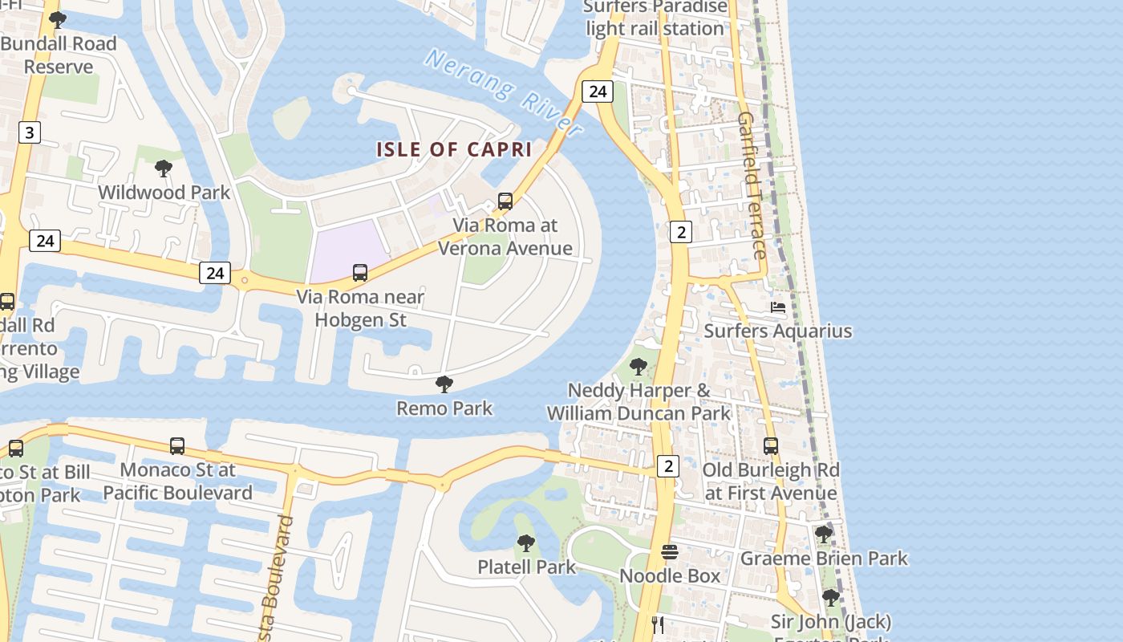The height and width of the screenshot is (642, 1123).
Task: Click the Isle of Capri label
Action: tap(454, 149)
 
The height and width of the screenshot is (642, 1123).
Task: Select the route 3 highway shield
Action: tap(29, 132)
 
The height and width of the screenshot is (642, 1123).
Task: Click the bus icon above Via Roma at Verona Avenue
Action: tap(505, 201)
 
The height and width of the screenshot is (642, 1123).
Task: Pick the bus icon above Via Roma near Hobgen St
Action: tap(360, 273)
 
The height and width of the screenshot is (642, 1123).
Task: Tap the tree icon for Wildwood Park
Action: tap(164, 169)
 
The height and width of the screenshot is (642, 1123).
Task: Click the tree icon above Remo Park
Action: tap(444, 384)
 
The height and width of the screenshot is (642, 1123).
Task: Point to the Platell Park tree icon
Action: tap(526, 543)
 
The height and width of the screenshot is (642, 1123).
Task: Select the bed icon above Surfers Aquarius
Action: tap(778, 307)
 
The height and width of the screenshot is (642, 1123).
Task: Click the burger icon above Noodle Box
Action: tap(670, 552)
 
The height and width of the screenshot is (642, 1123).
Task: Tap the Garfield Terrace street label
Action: tap(752, 185)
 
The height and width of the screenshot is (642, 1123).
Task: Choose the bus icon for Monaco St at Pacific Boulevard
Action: tap(177, 445)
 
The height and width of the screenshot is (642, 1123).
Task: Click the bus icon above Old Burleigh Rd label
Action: tap(771, 445)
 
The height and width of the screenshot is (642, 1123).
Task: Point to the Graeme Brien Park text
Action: tap(824, 559)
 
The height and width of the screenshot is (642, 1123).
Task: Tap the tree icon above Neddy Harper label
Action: tap(639, 367)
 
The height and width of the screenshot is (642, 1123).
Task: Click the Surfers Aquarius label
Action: tap(777, 331)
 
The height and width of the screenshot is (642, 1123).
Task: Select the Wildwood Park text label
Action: tap(164, 193)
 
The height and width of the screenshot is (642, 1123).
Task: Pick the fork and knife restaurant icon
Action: tap(659, 624)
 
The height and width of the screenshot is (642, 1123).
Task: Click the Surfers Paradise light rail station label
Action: tap(655, 18)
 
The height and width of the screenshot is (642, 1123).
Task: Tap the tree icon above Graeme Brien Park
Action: tap(824, 534)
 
